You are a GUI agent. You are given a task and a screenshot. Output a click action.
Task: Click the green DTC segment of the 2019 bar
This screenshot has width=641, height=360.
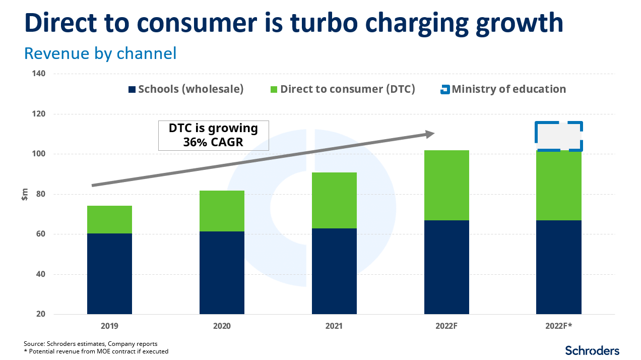(x=109, y=219)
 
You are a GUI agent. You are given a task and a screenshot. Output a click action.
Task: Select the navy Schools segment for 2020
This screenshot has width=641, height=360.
(x=222, y=273)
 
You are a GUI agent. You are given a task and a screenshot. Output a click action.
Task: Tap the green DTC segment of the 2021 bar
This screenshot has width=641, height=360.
(x=334, y=200)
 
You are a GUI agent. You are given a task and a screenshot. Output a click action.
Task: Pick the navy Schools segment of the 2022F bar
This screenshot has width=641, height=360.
(x=446, y=267)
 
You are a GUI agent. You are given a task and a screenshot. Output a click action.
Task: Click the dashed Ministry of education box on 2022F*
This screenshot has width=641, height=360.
(x=559, y=136)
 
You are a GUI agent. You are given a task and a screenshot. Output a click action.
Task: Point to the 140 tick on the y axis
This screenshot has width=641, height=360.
(x=39, y=74)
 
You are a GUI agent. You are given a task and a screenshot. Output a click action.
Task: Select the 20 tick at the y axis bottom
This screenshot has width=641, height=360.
(x=40, y=315)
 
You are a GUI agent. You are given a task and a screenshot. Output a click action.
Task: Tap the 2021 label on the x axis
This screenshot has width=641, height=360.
(x=334, y=326)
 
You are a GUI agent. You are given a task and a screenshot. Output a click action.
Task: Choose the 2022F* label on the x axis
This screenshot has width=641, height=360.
(x=558, y=326)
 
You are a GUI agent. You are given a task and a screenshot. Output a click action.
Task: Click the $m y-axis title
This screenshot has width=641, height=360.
(x=24, y=195)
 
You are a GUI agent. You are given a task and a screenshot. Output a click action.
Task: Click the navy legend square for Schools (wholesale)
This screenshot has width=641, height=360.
(x=132, y=90)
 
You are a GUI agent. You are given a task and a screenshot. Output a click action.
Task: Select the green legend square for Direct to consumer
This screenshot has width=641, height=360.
(x=274, y=90)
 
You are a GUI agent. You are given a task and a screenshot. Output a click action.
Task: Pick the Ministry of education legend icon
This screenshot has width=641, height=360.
(x=444, y=90)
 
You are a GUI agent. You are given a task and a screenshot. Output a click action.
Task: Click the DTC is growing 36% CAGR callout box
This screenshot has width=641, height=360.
(x=213, y=135)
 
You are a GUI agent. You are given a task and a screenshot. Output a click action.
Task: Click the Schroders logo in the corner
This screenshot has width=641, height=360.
(x=592, y=350)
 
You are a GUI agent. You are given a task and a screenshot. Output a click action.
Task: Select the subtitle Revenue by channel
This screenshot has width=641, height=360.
(x=100, y=53)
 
